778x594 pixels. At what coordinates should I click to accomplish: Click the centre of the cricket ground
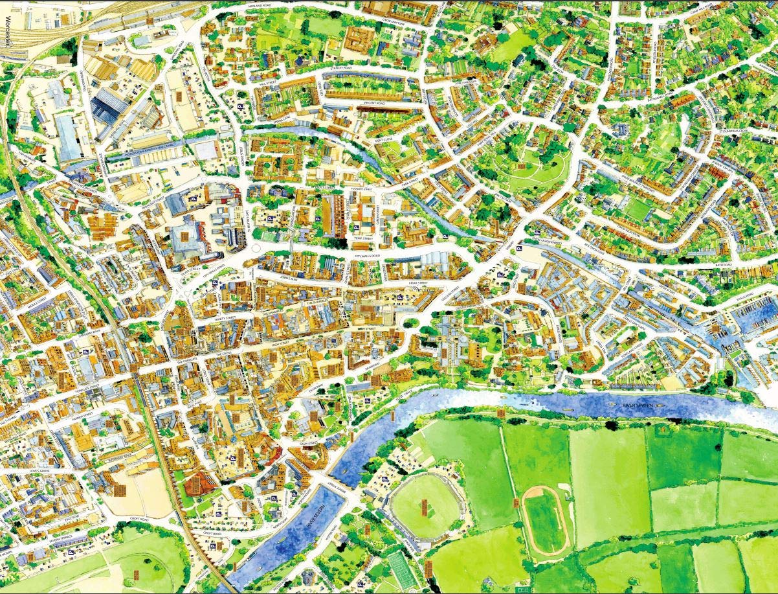425,506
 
